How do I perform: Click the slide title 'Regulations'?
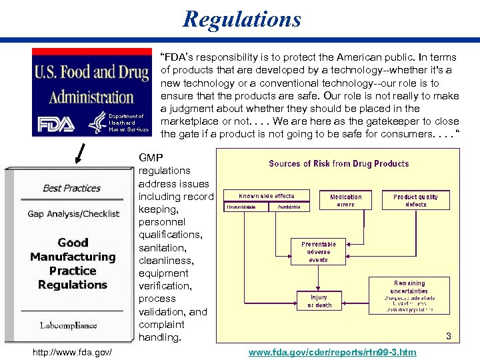pos(242,19)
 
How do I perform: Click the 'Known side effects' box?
pos(266,196)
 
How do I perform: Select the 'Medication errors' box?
pos(346,200)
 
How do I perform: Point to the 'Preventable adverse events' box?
pos(319,251)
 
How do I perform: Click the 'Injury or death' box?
pos(319,301)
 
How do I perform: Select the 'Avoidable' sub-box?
pos(289,207)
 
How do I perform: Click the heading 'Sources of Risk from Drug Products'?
pos(339,163)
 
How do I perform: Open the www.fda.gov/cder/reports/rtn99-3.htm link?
pos(332,351)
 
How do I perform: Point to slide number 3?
pos(449,337)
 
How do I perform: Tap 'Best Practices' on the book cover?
pos(71,188)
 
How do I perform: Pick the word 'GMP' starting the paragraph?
pos(150,157)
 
